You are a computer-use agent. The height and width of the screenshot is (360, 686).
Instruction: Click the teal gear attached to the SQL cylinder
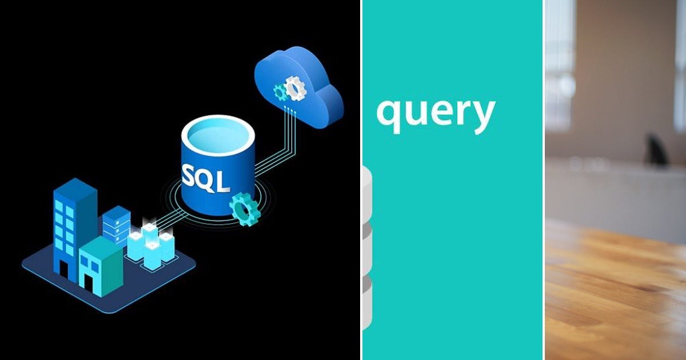tap(245, 209)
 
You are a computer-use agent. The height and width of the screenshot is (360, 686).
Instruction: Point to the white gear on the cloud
tap(295, 87)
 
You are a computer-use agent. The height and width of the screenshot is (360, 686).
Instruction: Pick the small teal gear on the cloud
tap(280, 91)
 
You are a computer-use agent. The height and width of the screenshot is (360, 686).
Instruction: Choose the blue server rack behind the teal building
tap(117, 224)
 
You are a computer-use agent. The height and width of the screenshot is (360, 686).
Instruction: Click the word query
tap(435, 113)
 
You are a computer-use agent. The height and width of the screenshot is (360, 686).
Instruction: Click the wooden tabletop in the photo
tap(615, 291)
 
